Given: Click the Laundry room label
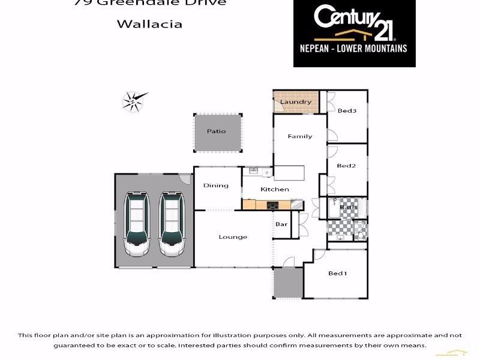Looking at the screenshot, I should [296, 102].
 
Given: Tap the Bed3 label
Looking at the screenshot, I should [347, 110].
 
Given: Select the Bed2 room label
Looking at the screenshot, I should [346, 166].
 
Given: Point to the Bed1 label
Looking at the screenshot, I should [337, 273].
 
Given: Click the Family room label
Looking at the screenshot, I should [300, 136].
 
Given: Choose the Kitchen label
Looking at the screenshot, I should [275, 189].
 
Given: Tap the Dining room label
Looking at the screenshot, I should [216, 185].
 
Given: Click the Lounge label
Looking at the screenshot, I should [233, 237].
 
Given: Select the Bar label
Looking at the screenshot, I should [281, 224].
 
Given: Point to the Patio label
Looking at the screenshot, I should [217, 131].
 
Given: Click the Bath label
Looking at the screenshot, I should [348, 208].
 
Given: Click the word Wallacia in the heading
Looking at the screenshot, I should [149, 25].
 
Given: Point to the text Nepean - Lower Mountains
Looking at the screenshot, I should [354, 48].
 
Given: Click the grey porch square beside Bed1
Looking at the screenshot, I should [288, 283].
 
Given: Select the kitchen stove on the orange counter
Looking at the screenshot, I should [273, 205].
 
